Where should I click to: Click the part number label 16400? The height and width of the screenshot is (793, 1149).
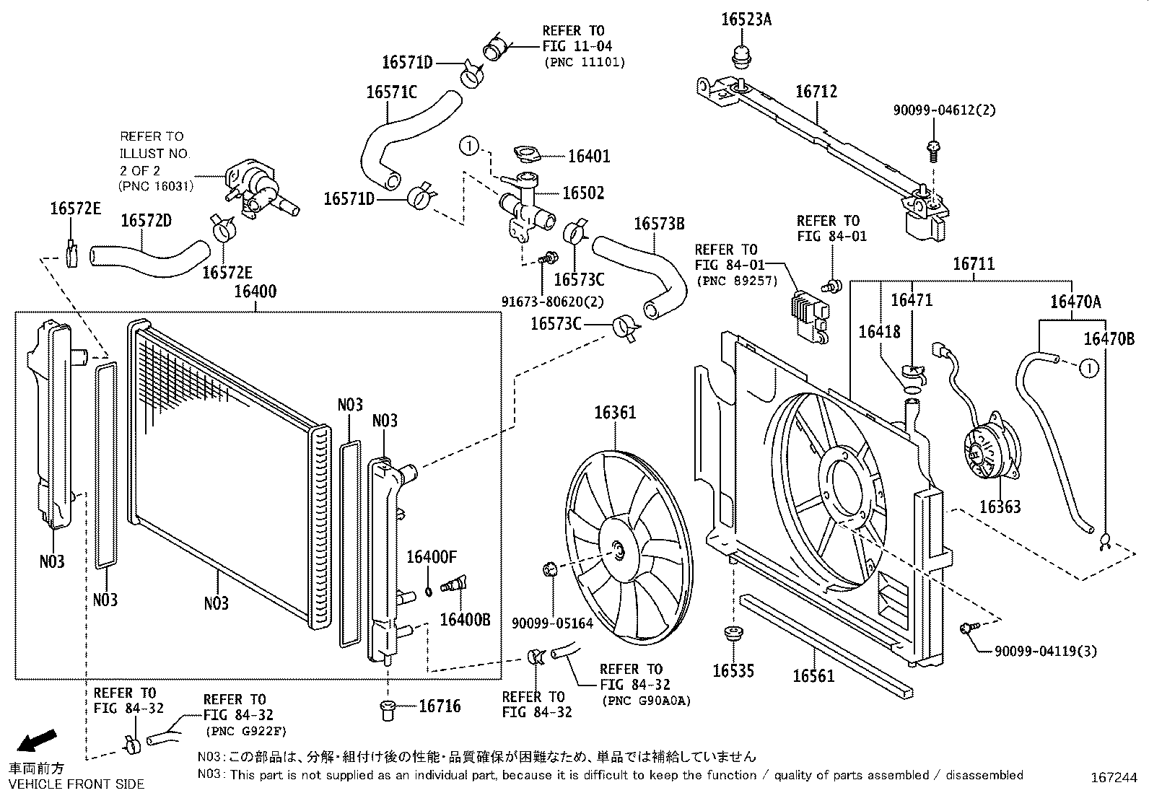[255, 292]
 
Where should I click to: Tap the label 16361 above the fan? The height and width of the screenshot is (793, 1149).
[615, 413]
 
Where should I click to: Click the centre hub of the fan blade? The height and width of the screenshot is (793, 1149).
[619, 550]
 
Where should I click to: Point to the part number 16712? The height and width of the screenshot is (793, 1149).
[816, 92]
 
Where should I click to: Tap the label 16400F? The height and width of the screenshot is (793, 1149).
[432, 557]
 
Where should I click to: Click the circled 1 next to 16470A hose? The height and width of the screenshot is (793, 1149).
[1088, 368]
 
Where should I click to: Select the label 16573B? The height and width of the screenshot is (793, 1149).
[658, 224]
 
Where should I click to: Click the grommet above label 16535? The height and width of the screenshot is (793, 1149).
[734, 634]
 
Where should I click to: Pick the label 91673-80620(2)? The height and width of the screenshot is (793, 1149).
[552, 301]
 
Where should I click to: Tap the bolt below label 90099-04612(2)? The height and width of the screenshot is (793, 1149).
[932, 149]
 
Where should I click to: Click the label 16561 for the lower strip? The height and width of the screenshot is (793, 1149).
[813, 676]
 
